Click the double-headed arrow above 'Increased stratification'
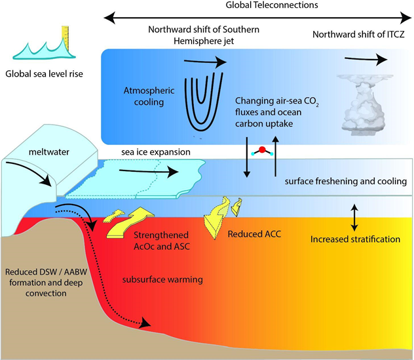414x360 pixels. point(354,217)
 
